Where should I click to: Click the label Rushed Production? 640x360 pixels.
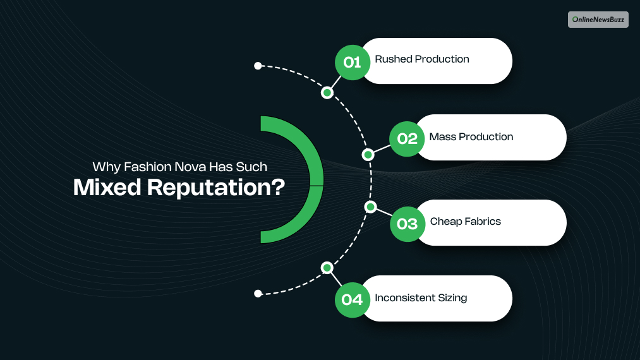click(422, 59)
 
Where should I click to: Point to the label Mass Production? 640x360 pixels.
click(471, 137)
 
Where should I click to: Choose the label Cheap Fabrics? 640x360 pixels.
click(466, 222)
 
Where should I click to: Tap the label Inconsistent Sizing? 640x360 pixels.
click(421, 297)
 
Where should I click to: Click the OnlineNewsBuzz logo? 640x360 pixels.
click(598, 20)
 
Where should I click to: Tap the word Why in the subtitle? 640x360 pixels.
click(105, 167)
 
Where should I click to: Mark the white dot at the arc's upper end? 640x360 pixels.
click(258, 66)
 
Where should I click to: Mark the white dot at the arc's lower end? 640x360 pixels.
click(258, 294)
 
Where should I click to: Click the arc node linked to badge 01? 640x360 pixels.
click(327, 93)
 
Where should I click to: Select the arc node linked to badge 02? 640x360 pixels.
click(367, 155)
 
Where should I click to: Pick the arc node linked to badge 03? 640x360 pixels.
click(371, 207)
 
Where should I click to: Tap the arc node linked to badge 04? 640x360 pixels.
click(327, 268)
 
